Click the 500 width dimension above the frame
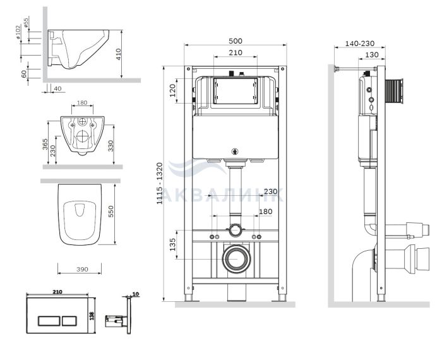pos(235,41)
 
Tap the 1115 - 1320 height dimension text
pos(160,183)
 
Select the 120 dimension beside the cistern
pos(172,90)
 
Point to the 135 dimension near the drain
pos(172,244)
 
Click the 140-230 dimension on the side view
pos(360,44)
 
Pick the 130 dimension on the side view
pos(371,54)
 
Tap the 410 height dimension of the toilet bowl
pos(118,54)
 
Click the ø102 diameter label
pos(18,32)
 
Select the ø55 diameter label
pos(26,23)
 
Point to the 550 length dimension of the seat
pos(110,211)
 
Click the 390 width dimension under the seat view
pos(82,269)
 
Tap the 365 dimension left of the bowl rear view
pos(45,144)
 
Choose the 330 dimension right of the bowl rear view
pos(110,146)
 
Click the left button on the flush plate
pos(49,321)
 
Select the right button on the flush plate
pos(69,321)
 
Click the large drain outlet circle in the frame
pos(236,259)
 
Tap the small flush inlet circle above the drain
pos(235,230)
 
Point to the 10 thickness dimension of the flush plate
pos(136,294)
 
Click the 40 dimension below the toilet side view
pos(57,88)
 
